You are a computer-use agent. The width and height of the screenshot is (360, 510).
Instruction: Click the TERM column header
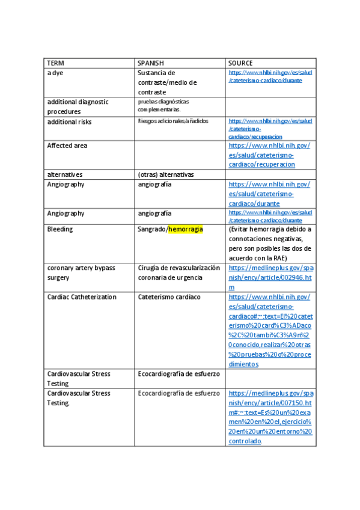click(56, 63)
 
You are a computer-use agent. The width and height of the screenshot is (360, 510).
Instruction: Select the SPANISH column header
click(151, 63)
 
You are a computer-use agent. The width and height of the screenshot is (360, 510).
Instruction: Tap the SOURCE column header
click(240, 63)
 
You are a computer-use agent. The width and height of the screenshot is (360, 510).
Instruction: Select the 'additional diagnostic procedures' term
click(78, 106)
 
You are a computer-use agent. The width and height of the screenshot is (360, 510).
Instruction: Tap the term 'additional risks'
click(70, 121)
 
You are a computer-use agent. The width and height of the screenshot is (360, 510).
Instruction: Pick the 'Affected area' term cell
click(67, 146)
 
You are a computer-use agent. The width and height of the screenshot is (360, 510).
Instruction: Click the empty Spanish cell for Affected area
click(180, 155)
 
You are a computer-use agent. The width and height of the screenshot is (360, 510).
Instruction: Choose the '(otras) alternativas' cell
click(166, 174)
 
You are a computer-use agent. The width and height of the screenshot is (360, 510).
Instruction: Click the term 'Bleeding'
click(60, 229)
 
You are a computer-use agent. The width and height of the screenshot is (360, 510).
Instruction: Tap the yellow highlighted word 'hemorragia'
click(186, 229)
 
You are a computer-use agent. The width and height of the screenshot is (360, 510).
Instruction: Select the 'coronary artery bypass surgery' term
click(81, 272)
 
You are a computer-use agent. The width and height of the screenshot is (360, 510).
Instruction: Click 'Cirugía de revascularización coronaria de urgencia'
click(178, 272)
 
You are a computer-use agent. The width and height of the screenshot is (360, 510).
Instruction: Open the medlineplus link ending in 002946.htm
click(270, 277)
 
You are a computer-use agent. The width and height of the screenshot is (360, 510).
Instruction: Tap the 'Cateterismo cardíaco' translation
click(169, 297)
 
